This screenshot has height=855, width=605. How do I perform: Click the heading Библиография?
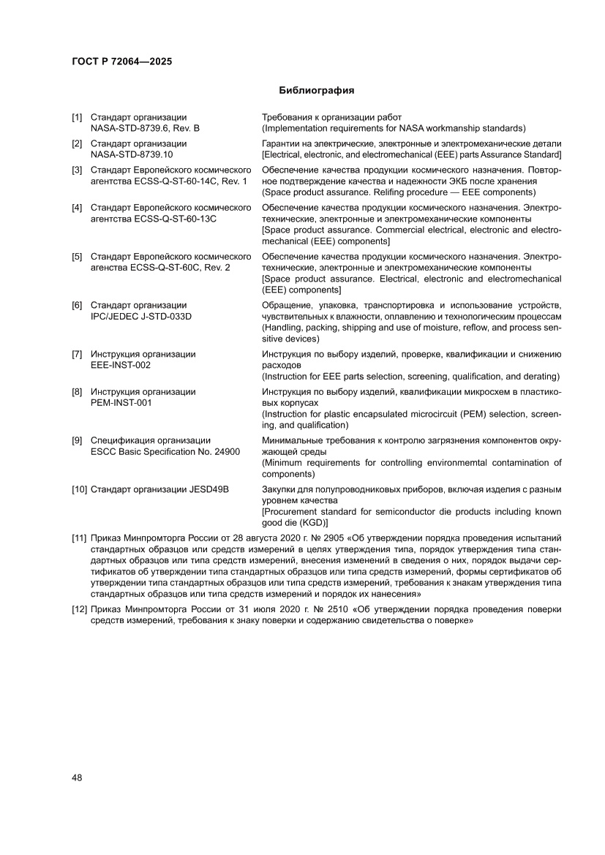tap(317, 91)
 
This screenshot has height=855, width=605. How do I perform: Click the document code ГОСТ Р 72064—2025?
tap(121, 61)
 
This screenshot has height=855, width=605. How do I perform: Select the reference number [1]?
tap(77, 117)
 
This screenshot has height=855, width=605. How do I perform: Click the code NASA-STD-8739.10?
tap(132, 154)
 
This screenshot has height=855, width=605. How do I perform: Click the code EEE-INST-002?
tap(121, 364)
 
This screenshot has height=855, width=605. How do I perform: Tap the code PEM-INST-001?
tap(121, 402)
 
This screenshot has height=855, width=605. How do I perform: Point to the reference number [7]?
tap(77, 354)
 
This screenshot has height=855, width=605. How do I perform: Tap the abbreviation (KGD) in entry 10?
tap(314, 522)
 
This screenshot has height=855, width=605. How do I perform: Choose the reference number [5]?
tap(77, 257)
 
